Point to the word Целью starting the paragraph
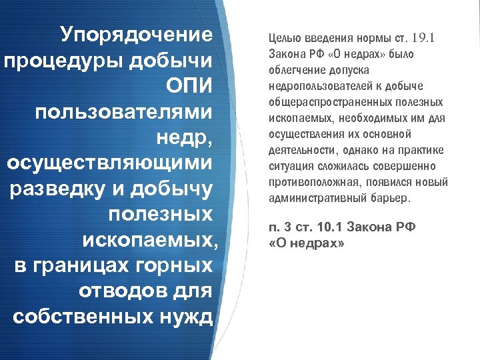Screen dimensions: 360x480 [x=283, y=38]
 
